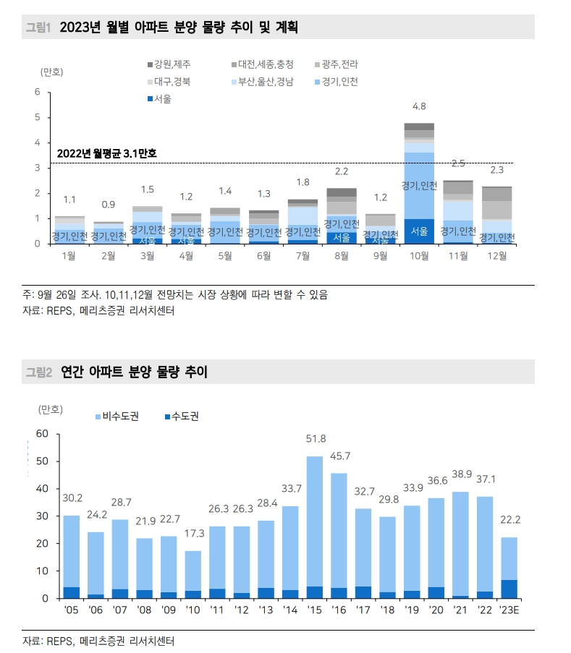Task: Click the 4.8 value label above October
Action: (x=419, y=107)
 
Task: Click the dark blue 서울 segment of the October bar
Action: (x=419, y=231)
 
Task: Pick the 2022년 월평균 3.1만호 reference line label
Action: (x=106, y=153)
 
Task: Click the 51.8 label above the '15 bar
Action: (x=315, y=438)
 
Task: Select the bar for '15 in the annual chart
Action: (x=315, y=527)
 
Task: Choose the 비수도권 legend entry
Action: (x=116, y=417)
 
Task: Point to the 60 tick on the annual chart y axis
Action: (x=41, y=434)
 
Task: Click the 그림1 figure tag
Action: (x=38, y=27)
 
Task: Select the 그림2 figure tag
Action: (x=38, y=372)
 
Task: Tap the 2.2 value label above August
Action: (x=342, y=171)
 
